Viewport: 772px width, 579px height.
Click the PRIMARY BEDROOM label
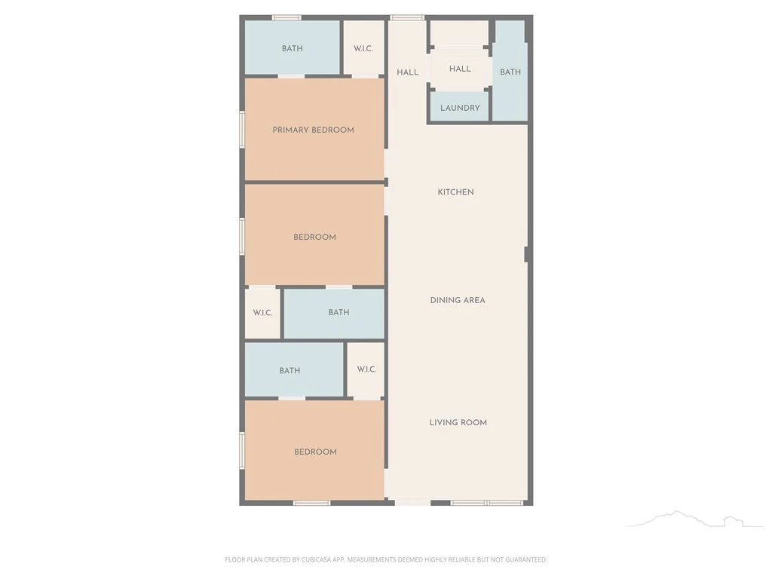click(x=313, y=130)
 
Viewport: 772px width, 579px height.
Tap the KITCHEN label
click(x=455, y=192)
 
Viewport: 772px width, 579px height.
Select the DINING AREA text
click(x=458, y=300)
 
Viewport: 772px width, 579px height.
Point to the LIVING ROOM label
click(x=458, y=422)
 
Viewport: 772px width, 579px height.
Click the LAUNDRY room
click(x=460, y=107)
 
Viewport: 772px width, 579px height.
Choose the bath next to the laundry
click(x=510, y=72)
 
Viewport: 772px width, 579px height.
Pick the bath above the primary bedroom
click(x=293, y=47)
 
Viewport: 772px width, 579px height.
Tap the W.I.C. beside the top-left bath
click(x=363, y=47)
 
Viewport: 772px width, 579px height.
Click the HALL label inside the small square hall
click(x=460, y=69)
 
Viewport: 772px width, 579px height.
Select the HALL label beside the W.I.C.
click(x=408, y=72)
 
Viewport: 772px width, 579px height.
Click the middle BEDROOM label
click(x=314, y=237)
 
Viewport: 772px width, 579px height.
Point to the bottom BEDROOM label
click(x=315, y=452)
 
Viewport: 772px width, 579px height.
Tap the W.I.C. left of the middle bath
click(x=262, y=313)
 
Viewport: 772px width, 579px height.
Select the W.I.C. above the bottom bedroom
click(x=366, y=369)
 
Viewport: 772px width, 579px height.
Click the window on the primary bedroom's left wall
click(x=242, y=129)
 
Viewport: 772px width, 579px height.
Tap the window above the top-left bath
click(x=286, y=18)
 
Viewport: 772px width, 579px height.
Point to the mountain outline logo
click(x=694, y=519)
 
